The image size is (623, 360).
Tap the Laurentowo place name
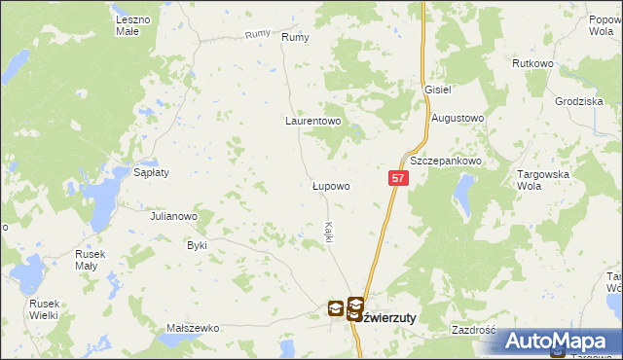(x=311, y=123)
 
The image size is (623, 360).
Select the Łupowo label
(x=330, y=184)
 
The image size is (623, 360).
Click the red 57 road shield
(x=398, y=178)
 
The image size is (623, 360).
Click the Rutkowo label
(x=532, y=63)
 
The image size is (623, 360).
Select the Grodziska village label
(x=579, y=101)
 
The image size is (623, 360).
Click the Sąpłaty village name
(x=152, y=172)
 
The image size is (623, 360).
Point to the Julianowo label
(x=174, y=216)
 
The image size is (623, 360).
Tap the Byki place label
(x=198, y=245)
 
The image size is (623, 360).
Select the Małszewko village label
(x=191, y=329)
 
